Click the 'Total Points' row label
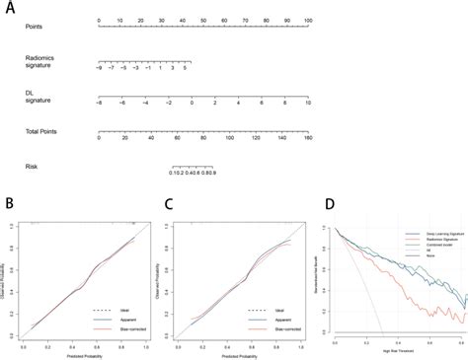click(40, 130)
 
